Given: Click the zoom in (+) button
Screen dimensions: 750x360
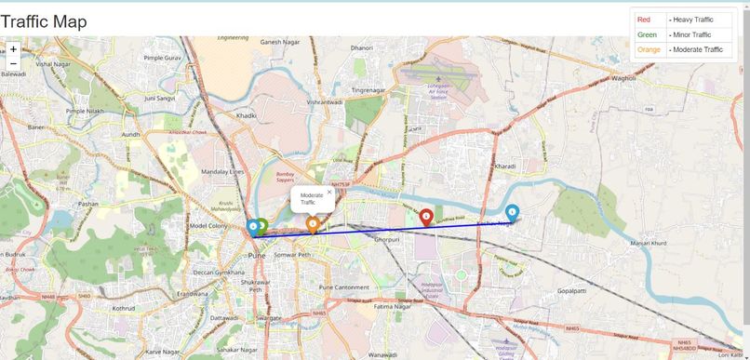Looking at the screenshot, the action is point(13,48).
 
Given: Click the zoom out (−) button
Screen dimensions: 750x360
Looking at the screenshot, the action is point(13,63).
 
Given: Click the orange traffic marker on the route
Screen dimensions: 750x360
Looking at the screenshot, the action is point(313,223).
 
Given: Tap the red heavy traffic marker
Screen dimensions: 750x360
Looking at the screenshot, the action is point(426,217).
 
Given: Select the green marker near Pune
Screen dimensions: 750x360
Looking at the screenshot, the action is point(262,225).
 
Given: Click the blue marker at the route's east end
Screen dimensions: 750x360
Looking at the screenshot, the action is point(512,212).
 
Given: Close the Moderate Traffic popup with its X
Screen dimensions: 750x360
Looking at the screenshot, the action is point(329,193).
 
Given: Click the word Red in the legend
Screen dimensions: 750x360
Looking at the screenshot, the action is point(645,20).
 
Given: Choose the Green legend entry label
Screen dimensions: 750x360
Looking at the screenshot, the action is point(647,34).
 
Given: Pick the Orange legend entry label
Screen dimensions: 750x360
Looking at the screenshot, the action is point(649,49).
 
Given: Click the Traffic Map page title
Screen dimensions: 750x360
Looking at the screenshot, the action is point(44,20).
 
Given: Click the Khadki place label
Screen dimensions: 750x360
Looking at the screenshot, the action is point(246,115).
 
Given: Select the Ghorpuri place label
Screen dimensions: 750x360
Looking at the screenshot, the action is point(386,240).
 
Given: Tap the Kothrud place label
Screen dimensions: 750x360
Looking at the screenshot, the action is point(124,308).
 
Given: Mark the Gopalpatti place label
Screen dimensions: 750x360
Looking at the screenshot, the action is point(577,291).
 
